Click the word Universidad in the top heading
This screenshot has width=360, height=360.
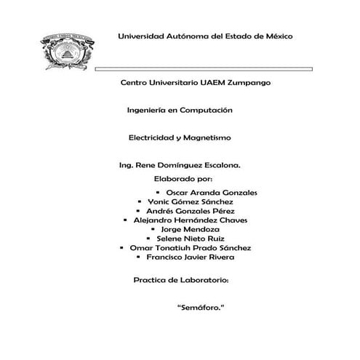(145, 36)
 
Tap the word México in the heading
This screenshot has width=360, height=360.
(279, 36)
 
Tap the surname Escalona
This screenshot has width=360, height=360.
(217, 165)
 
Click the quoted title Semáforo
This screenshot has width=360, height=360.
(200, 308)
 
